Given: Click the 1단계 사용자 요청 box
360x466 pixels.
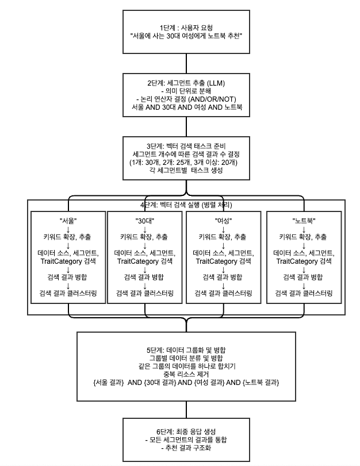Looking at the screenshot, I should (x=186, y=31).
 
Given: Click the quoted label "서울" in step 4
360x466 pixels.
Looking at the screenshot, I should (x=68, y=220).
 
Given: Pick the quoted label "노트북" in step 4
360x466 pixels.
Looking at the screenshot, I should (x=303, y=220).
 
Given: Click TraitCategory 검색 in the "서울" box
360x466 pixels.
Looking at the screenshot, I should (x=68, y=261).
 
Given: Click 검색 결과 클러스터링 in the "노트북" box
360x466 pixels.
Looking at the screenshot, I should (x=303, y=293).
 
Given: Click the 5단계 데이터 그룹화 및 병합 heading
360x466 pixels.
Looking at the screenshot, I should (x=186, y=349).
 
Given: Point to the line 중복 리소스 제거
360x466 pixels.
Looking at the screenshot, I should (x=186, y=374).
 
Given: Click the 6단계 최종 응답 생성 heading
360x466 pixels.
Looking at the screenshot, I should (x=186, y=432).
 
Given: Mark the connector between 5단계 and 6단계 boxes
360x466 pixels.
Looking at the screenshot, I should (x=186, y=410).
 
